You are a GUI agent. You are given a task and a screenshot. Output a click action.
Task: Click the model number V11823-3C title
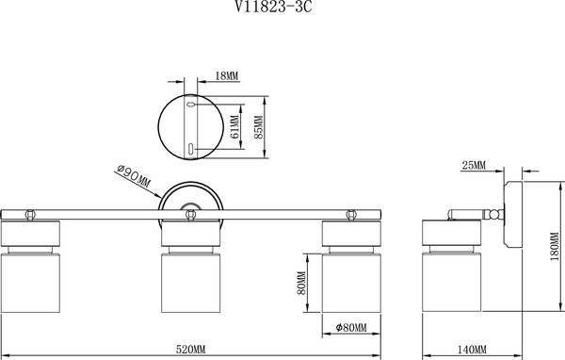tap(273, 7)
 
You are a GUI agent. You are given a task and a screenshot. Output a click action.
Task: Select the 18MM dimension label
tap(227, 76)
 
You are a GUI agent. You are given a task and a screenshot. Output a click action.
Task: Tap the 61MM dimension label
tap(234, 126)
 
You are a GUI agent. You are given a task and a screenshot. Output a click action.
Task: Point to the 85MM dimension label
tap(259, 127)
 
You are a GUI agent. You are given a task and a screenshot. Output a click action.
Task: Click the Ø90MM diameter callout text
tap(134, 176)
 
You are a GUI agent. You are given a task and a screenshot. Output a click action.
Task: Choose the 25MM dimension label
tap(474, 166)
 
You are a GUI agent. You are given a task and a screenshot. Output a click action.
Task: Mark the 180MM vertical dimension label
tap(555, 247)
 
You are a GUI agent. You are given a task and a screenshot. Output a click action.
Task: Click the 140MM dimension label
tap(472, 350)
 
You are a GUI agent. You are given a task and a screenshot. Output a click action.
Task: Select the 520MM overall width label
tap(190, 350)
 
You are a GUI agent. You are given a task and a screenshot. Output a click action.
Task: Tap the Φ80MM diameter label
tap(351, 328)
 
